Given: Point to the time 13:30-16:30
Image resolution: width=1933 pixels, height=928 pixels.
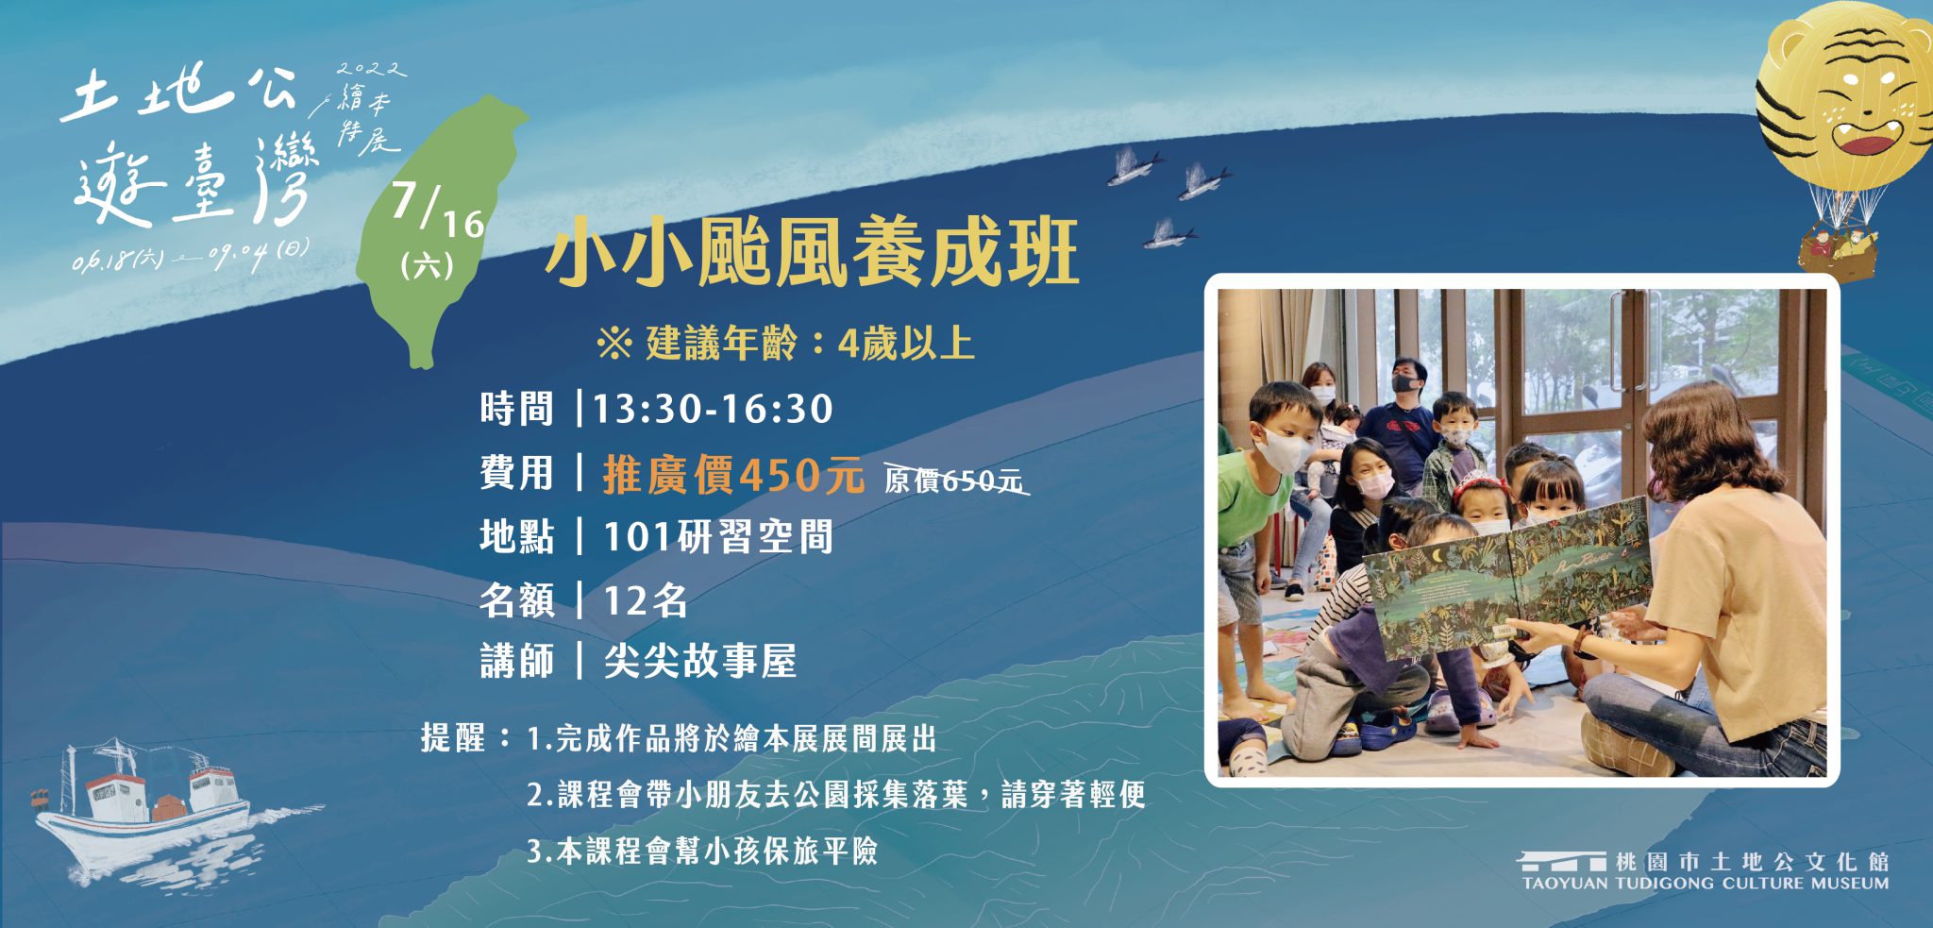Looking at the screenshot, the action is click(713, 409).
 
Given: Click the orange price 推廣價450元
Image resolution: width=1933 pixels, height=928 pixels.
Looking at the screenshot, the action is click(733, 474).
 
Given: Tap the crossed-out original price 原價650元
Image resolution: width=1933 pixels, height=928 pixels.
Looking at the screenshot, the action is click(954, 481).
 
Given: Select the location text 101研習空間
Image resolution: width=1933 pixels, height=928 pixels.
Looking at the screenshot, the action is click(718, 536).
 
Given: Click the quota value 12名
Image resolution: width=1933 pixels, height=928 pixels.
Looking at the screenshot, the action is click(646, 600).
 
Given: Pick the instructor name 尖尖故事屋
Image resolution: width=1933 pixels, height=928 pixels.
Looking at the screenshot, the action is click(700, 662).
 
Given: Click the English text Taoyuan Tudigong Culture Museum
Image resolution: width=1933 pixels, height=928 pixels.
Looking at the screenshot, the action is click(1706, 884).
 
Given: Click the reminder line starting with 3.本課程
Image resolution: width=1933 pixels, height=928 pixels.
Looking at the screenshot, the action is click(702, 852).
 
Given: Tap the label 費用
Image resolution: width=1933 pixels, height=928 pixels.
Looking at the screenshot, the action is click(516, 473).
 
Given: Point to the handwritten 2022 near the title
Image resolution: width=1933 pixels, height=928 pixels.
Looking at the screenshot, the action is click(372, 69).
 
